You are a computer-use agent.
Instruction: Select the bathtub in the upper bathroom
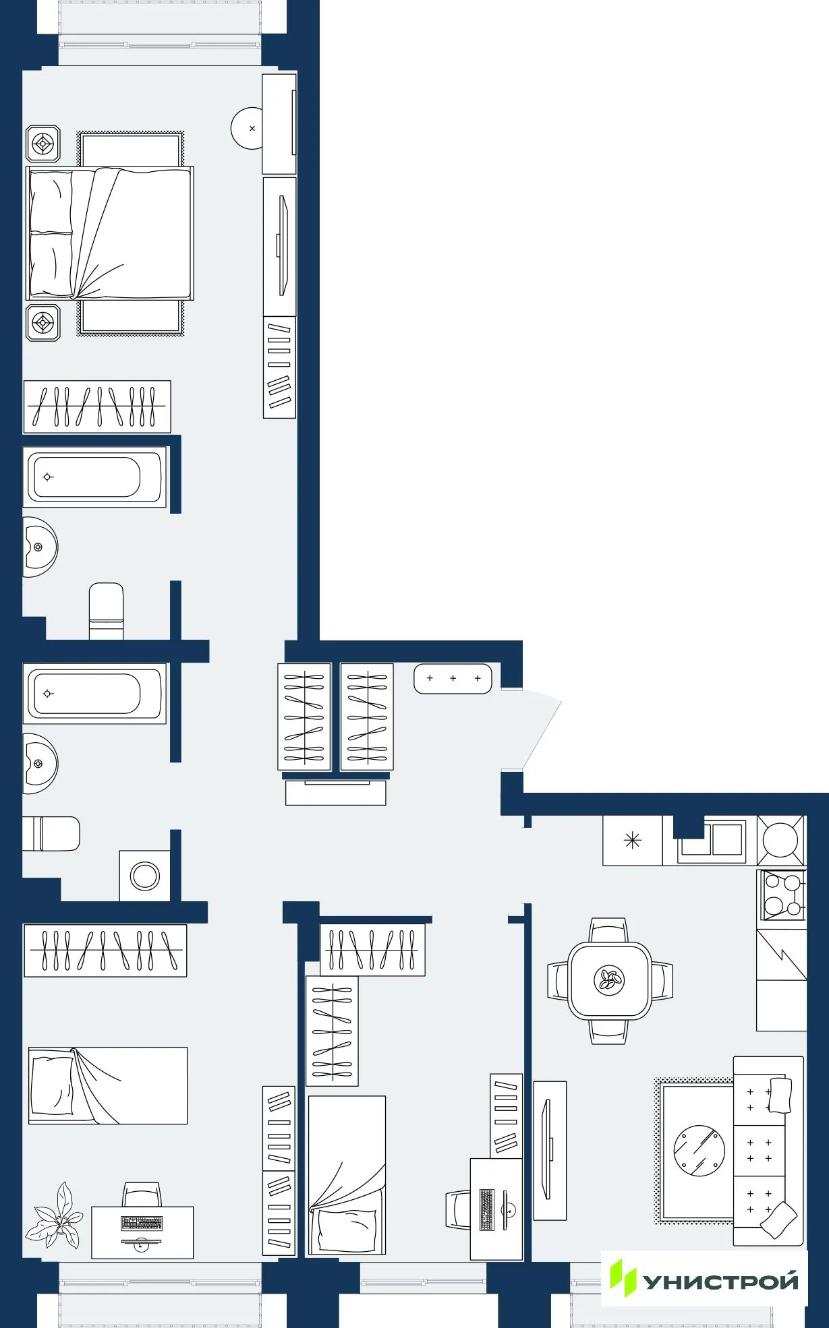[94, 477]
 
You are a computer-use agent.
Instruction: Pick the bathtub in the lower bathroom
[94, 693]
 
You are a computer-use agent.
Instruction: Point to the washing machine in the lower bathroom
[145, 876]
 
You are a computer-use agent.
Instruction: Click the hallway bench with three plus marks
[453, 678]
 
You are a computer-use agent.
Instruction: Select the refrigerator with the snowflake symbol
[632, 840]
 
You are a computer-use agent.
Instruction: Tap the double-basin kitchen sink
[712, 841]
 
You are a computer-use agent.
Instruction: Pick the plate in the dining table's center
[609, 980]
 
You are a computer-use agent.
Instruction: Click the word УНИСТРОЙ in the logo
[720, 1281]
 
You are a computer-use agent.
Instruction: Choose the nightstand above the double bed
[43, 144]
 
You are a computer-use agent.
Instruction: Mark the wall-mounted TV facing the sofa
[547, 1149]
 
